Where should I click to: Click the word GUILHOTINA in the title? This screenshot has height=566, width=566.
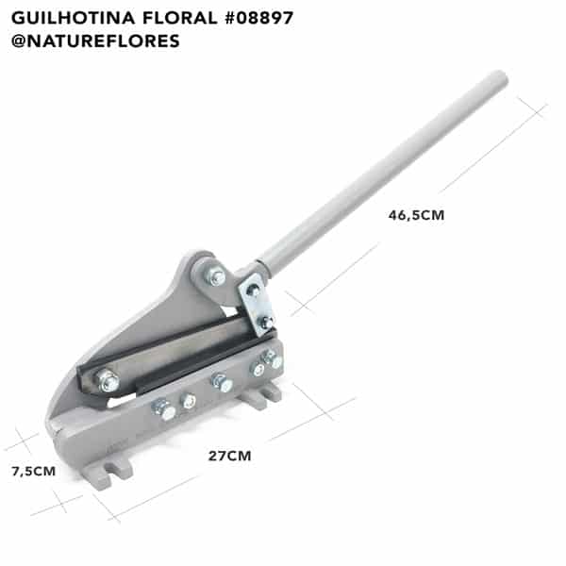tap(74, 18)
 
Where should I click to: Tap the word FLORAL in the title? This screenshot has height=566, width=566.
tap(180, 18)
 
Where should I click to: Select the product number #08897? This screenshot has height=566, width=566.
tap(259, 18)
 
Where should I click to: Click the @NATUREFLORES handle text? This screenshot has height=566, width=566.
tap(95, 41)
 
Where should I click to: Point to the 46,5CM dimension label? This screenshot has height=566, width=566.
tap(416, 215)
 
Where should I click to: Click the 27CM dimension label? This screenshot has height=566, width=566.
tap(229, 456)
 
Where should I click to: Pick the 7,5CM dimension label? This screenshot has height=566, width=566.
tap(34, 472)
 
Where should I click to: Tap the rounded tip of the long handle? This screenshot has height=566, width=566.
tap(501, 77)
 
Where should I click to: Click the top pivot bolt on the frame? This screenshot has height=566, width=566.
tap(215, 276)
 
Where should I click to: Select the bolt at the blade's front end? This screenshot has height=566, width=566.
tap(108, 380)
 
